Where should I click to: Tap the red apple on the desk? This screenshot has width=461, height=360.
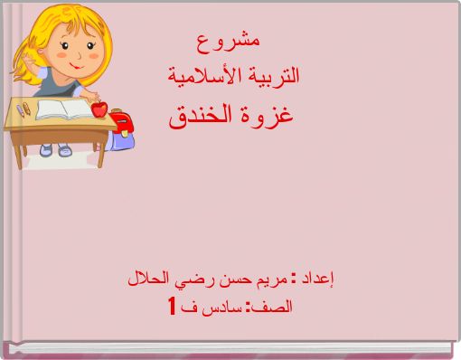pos(99,109)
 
